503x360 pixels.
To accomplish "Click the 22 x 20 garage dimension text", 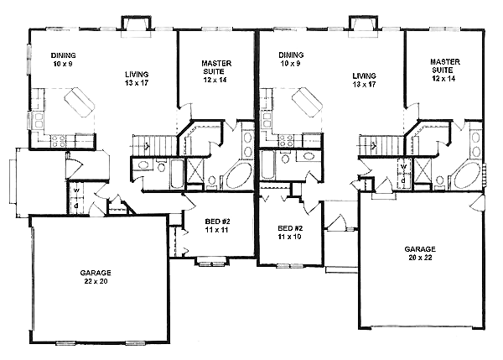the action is click(96, 281).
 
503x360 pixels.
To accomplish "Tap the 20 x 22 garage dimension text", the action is click(420, 258).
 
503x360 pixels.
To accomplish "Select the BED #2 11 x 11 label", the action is click(217, 226).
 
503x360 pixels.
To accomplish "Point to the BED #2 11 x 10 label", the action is click(290, 232).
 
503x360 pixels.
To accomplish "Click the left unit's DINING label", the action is click(63, 55).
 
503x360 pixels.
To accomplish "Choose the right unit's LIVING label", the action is click(364, 76).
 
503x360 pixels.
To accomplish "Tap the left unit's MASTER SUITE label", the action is click(216, 67).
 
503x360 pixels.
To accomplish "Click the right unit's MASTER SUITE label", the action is click(444, 65).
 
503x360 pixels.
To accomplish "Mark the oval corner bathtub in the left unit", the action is click(237, 175).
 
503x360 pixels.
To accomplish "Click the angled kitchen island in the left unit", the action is click(80, 102).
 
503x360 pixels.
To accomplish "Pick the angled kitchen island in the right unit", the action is click(308, 102).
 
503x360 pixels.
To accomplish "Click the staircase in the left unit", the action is click(154, 146).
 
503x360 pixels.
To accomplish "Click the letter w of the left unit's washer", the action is click(76, 190).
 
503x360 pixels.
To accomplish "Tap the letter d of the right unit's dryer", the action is click(403, 180).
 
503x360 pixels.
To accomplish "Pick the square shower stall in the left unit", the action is click(195, 170).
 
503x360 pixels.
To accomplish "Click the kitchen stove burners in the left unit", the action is click(58, 142).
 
